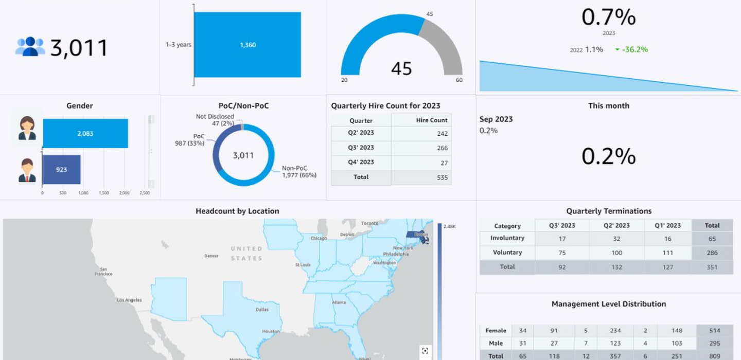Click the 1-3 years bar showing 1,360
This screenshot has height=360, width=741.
(x=247, y=45)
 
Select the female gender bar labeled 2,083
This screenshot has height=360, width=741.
(x=85, y=134)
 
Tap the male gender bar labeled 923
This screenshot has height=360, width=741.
(x=62, y=170)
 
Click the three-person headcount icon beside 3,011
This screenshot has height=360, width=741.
(x=30, y=47)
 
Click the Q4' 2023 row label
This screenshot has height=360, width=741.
(x=361, y=162)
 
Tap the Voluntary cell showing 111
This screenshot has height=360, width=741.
(x=668, y=253)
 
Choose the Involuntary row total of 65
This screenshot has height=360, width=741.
(x=712, y=239)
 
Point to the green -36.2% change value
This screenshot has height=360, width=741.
(x=634, y=50)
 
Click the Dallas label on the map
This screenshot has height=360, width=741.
(x=261, y=310)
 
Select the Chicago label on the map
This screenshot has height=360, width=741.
(x=319, y=238)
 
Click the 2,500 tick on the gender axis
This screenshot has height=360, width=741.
(x=145, y=193)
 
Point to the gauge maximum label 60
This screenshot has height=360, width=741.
(x=459, y=80)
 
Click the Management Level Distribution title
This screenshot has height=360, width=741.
(x=608, y=304)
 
